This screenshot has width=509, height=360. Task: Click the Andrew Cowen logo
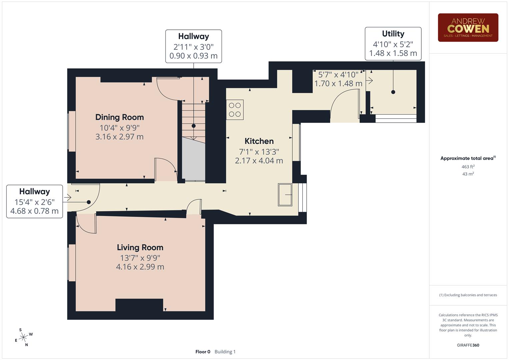[x=468, y=27]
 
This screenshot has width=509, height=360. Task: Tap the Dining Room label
[x=119, y=117]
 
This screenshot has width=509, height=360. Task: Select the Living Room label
[x=140, y=247]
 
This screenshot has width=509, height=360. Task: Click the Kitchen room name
[x=259, y=141]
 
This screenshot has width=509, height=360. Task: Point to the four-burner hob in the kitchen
[x=235, y=110]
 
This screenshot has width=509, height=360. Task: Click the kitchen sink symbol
[x=285, y=195]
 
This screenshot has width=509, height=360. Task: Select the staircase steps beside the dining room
[x=193, y=120]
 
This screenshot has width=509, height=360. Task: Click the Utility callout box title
[x=393, y=34]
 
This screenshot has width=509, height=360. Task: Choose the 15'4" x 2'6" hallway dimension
[x=34, y=202]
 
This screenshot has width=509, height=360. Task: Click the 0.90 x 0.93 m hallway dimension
[x=193, y=56]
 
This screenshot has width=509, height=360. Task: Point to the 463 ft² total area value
[x=468, y=167]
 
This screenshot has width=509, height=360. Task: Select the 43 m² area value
[x=468, y=174]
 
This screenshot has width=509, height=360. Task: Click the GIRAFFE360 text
[x=468, y=345]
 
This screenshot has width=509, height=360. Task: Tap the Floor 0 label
[x=203, y=352]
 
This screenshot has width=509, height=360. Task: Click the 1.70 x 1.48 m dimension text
[x=338, y=83]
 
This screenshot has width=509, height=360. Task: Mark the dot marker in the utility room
[x=393, y=92]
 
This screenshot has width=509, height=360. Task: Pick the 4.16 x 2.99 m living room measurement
[x=140, y=267]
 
